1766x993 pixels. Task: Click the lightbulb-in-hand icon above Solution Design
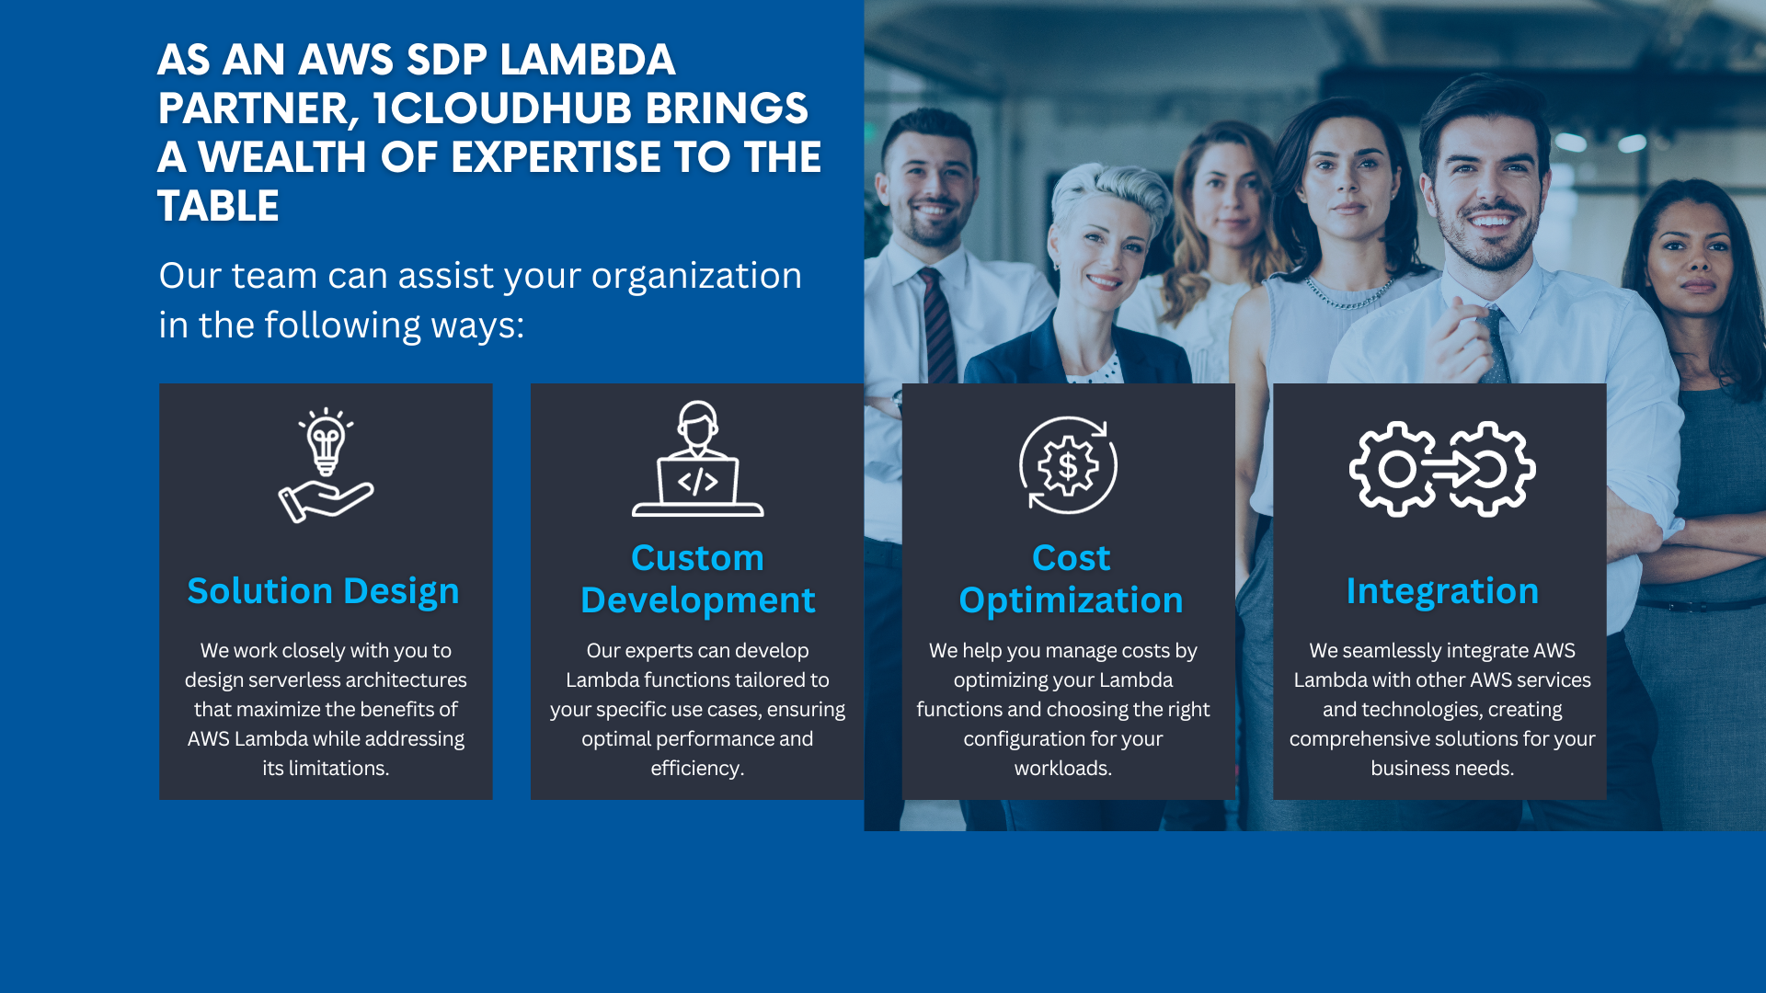pos(326,465)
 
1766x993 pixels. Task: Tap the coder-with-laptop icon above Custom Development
pos(697,459)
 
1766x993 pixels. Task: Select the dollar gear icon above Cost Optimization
pos(1068,465)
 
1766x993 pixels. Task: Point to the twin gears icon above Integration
pos(1441,469)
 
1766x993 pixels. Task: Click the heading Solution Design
pos(323,590)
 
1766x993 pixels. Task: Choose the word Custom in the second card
pos(697,557)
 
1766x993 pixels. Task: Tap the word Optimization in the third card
pos(1071,600)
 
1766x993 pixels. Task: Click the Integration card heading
pos(1442,590)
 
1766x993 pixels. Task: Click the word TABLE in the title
pos(218,206)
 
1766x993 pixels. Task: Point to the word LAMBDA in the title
pos(588,60)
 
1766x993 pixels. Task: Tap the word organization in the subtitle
pos(696,277)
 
